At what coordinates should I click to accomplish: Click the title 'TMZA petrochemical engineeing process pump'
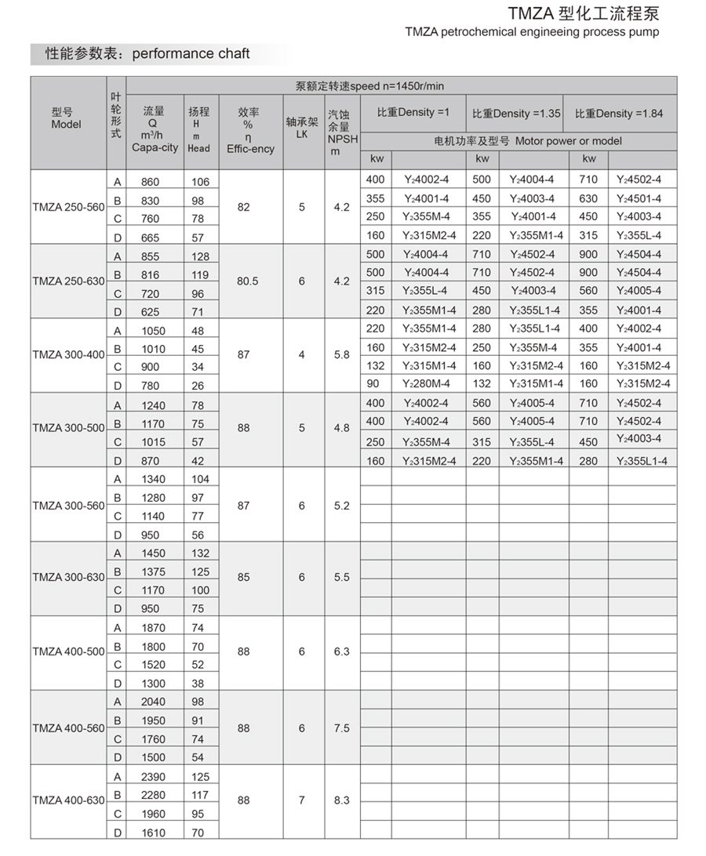click(532, 32)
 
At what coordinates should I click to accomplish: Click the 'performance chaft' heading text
click(191, 54)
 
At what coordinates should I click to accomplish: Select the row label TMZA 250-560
click(68, 209)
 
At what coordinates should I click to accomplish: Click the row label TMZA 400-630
click(68, 800)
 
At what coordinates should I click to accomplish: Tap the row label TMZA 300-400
click(68, 355)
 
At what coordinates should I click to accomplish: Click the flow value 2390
click(153, 777)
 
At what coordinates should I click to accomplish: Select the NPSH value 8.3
click(341, 800)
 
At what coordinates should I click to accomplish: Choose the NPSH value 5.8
click(341, 355)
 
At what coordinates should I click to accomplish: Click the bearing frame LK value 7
click(301, 800)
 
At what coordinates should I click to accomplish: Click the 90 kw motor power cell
click(375, 383)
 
